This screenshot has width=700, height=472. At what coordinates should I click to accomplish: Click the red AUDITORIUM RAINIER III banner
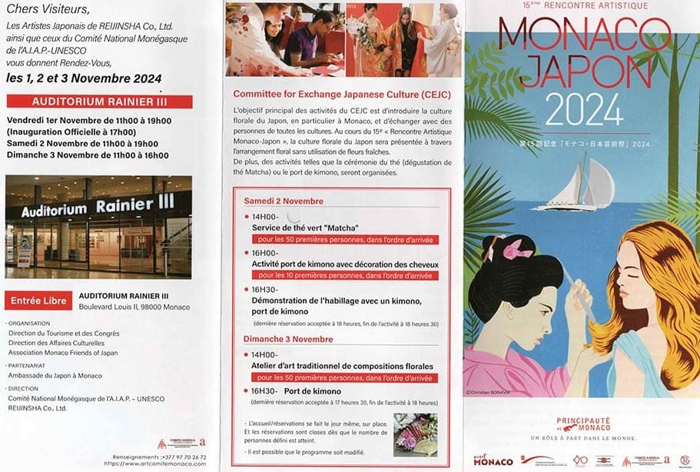[99, 101]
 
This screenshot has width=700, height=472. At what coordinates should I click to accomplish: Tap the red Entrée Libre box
[38, 301]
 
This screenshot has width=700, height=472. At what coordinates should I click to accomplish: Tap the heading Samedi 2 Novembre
[284, 201]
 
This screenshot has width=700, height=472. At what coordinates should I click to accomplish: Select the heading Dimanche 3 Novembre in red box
[288, 339]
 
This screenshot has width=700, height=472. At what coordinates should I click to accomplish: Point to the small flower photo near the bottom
[415, 435]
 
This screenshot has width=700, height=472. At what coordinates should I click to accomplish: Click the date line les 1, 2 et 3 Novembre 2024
[84, 78]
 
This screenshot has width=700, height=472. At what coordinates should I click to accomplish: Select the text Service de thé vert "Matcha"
[305, 228]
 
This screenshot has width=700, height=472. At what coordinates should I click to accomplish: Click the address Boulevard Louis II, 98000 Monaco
[134, 307]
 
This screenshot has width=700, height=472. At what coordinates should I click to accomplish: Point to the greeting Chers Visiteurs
[48, 9]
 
